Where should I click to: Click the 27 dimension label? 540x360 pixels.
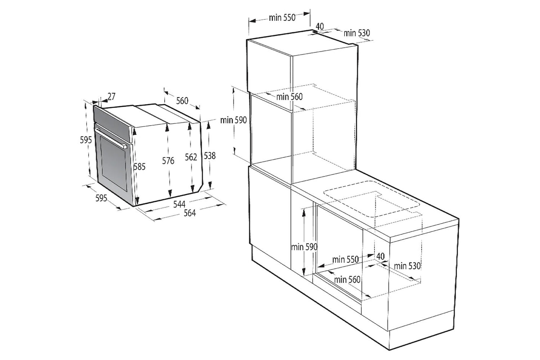pyautogui.click(x=111, y=96)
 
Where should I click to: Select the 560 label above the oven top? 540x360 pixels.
pyautogui.click(x=182, y=101)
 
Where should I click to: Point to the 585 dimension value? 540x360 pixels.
pyautogui.click(x=140, y=167)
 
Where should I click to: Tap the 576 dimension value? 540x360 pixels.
pyautogui.click(x=168, y=161)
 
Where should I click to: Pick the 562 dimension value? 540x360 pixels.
pyautogui.click(x=191, y=157)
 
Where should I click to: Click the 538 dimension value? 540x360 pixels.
pyautogui.click(x=210, y=156)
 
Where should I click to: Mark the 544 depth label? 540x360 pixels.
pyautogui.click(x=179, y=204)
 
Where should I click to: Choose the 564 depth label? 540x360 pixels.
pyautogui.click(x=190, y=213)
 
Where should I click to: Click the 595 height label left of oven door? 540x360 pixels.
pyautogui.click(x=86, y=139)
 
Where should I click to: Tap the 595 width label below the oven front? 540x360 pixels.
pyautogui.click(x=101, y=198)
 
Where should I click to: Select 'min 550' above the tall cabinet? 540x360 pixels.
pyautogui.click(x=282, y=18)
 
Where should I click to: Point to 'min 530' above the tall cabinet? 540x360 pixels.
pyautogui.click(x=357, y=33)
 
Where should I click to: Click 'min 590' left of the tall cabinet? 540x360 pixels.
pyautogui.click(x=234, y=120)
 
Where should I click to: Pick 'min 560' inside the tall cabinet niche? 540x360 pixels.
pyautogui.click(x=289, y=97)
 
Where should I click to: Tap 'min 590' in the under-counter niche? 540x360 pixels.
pyautogui.click(x=304, y=247)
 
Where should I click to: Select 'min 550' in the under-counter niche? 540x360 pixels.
pyautogui.click(x=345, y=259)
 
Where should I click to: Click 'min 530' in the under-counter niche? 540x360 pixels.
pyautogui.click(x=407, y=266)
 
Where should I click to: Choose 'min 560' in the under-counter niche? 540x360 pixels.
pyautogui.click(x=347, y=280)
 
